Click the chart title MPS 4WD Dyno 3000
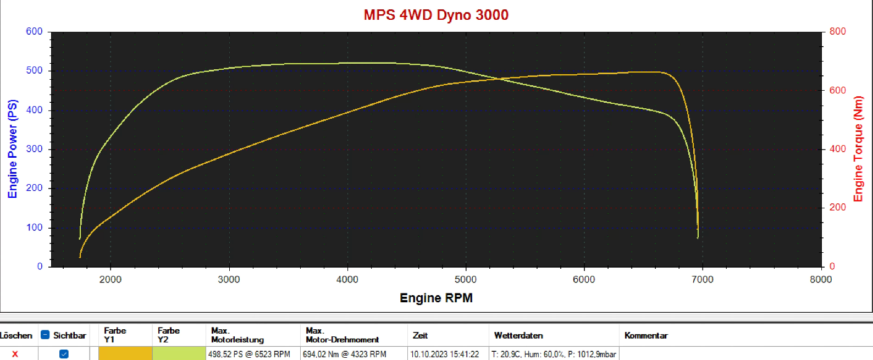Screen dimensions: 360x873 [436, 15]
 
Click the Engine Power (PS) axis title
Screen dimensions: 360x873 [13, 149]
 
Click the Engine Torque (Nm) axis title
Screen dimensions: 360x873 [858, 149]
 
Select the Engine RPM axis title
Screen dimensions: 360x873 [436, 298]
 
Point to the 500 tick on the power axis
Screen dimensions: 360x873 [34, 70]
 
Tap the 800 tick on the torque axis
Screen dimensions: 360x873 [837, 31]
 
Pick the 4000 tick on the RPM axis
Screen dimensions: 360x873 [347, 279]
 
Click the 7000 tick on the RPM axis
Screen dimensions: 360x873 [702, 279]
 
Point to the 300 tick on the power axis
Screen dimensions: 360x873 [34, 149]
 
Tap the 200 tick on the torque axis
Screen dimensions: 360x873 [837, 207]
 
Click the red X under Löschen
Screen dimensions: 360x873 [15, 354]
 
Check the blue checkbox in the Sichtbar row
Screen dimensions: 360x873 [64, 354]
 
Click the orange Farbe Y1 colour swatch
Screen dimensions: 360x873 [125, 354]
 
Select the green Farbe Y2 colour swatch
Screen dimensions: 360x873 [179, 354]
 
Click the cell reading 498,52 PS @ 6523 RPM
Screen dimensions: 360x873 [249, 354]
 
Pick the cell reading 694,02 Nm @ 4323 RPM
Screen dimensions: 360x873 [345, 354]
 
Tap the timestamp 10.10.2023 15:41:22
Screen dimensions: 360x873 [444, 354]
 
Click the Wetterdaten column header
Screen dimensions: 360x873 [518, 335]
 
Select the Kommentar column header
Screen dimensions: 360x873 [646, 335]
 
